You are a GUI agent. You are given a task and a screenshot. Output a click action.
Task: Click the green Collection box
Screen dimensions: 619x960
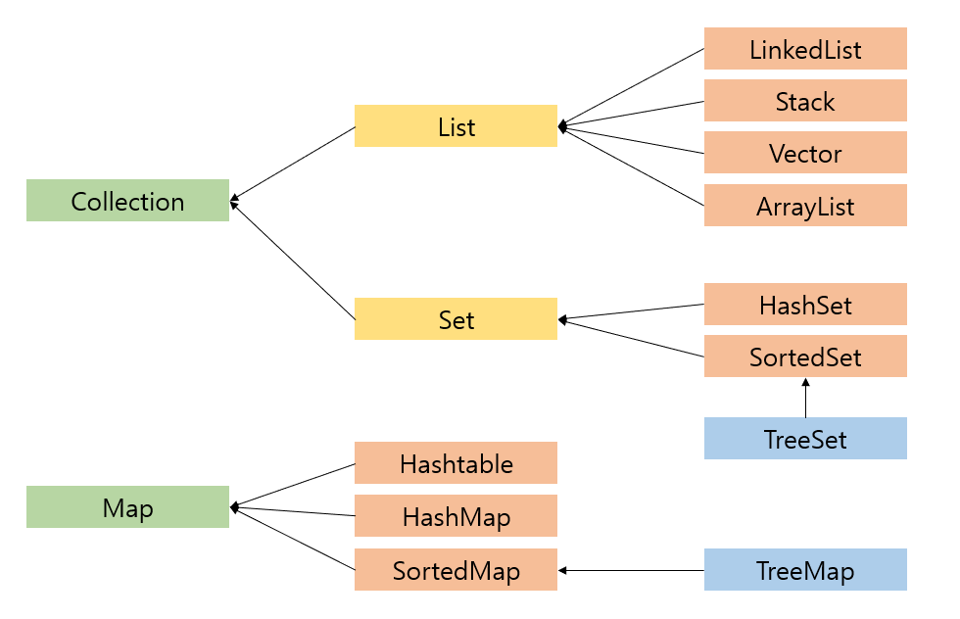[127, 201]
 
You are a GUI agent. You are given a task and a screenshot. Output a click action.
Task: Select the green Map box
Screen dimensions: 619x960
[127, 507]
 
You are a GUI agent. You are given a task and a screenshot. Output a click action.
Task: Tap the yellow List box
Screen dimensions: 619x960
[456, 126]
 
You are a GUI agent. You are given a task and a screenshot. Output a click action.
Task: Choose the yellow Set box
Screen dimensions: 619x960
[456, 319]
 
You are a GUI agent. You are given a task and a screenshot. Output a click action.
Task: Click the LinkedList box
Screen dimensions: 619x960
[805, 49]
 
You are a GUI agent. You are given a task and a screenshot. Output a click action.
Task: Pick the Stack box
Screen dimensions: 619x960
[805, 101]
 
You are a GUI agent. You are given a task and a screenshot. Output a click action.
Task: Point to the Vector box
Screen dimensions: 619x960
[805, 153]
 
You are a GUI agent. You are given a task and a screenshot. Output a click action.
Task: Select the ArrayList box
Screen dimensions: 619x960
[805, 206]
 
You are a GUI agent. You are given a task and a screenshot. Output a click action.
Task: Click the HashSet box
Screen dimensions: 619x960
[805, 305]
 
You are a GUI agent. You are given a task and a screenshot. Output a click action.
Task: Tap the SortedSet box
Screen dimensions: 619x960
[805, 357]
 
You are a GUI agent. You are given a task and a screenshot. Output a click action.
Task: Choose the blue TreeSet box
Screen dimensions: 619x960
[805, 439]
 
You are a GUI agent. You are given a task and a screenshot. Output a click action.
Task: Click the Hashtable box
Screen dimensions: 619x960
[456, 462]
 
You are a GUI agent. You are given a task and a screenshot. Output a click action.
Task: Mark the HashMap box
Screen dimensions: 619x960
[456, 515]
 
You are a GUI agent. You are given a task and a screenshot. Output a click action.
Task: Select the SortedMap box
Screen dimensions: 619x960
[456, 569]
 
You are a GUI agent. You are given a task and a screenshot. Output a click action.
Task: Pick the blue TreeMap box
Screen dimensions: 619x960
[805, 570]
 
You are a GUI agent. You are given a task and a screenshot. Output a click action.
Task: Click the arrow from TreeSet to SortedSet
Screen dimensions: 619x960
[805, 399]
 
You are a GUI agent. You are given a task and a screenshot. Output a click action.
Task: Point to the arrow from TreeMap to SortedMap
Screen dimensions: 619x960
[632, 570]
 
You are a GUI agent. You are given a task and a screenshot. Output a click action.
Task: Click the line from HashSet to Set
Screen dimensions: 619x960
[632, 311]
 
